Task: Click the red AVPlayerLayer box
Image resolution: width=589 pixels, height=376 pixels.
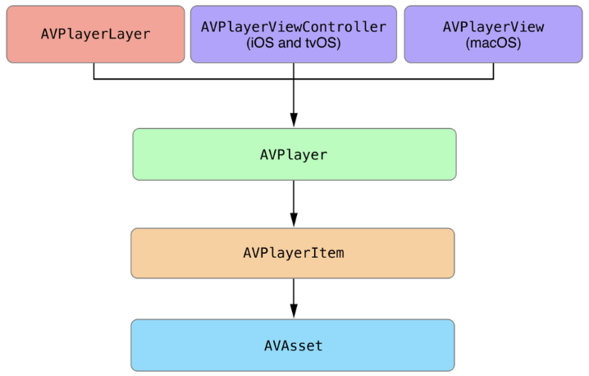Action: click(95, 34)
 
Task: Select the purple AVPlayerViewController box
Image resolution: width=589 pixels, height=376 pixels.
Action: click(293, 34)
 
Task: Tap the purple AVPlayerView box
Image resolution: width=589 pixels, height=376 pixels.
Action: click(493, 34)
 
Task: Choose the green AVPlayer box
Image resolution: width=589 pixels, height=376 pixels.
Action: click(294, 154)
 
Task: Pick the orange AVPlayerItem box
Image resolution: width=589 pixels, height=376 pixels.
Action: click(293, 253)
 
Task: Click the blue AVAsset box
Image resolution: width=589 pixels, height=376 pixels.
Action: click(293, 346)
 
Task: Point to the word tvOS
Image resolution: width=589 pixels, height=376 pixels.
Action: click(322, 44)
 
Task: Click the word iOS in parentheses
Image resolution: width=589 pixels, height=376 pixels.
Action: click(260, 44)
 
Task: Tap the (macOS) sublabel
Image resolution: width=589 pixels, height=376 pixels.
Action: click(494, 44)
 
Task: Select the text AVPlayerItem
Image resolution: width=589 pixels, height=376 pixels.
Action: click(293, 253)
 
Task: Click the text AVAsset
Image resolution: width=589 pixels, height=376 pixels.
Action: click(293, 346)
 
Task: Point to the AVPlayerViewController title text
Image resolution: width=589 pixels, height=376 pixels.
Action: click(293, 26)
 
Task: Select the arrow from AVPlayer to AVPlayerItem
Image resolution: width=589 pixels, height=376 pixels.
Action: click(294, 202)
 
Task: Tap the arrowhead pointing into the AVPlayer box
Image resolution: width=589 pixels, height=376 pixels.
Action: click(294, 121)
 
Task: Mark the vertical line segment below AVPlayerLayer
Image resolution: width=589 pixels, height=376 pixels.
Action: click(94, 71)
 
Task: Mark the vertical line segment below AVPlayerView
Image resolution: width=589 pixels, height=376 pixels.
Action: click(493, 71)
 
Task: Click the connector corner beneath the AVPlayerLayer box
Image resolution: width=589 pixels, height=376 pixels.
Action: click(94, 79)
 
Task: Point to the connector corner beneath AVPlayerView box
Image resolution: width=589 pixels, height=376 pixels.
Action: click(493, 79)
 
